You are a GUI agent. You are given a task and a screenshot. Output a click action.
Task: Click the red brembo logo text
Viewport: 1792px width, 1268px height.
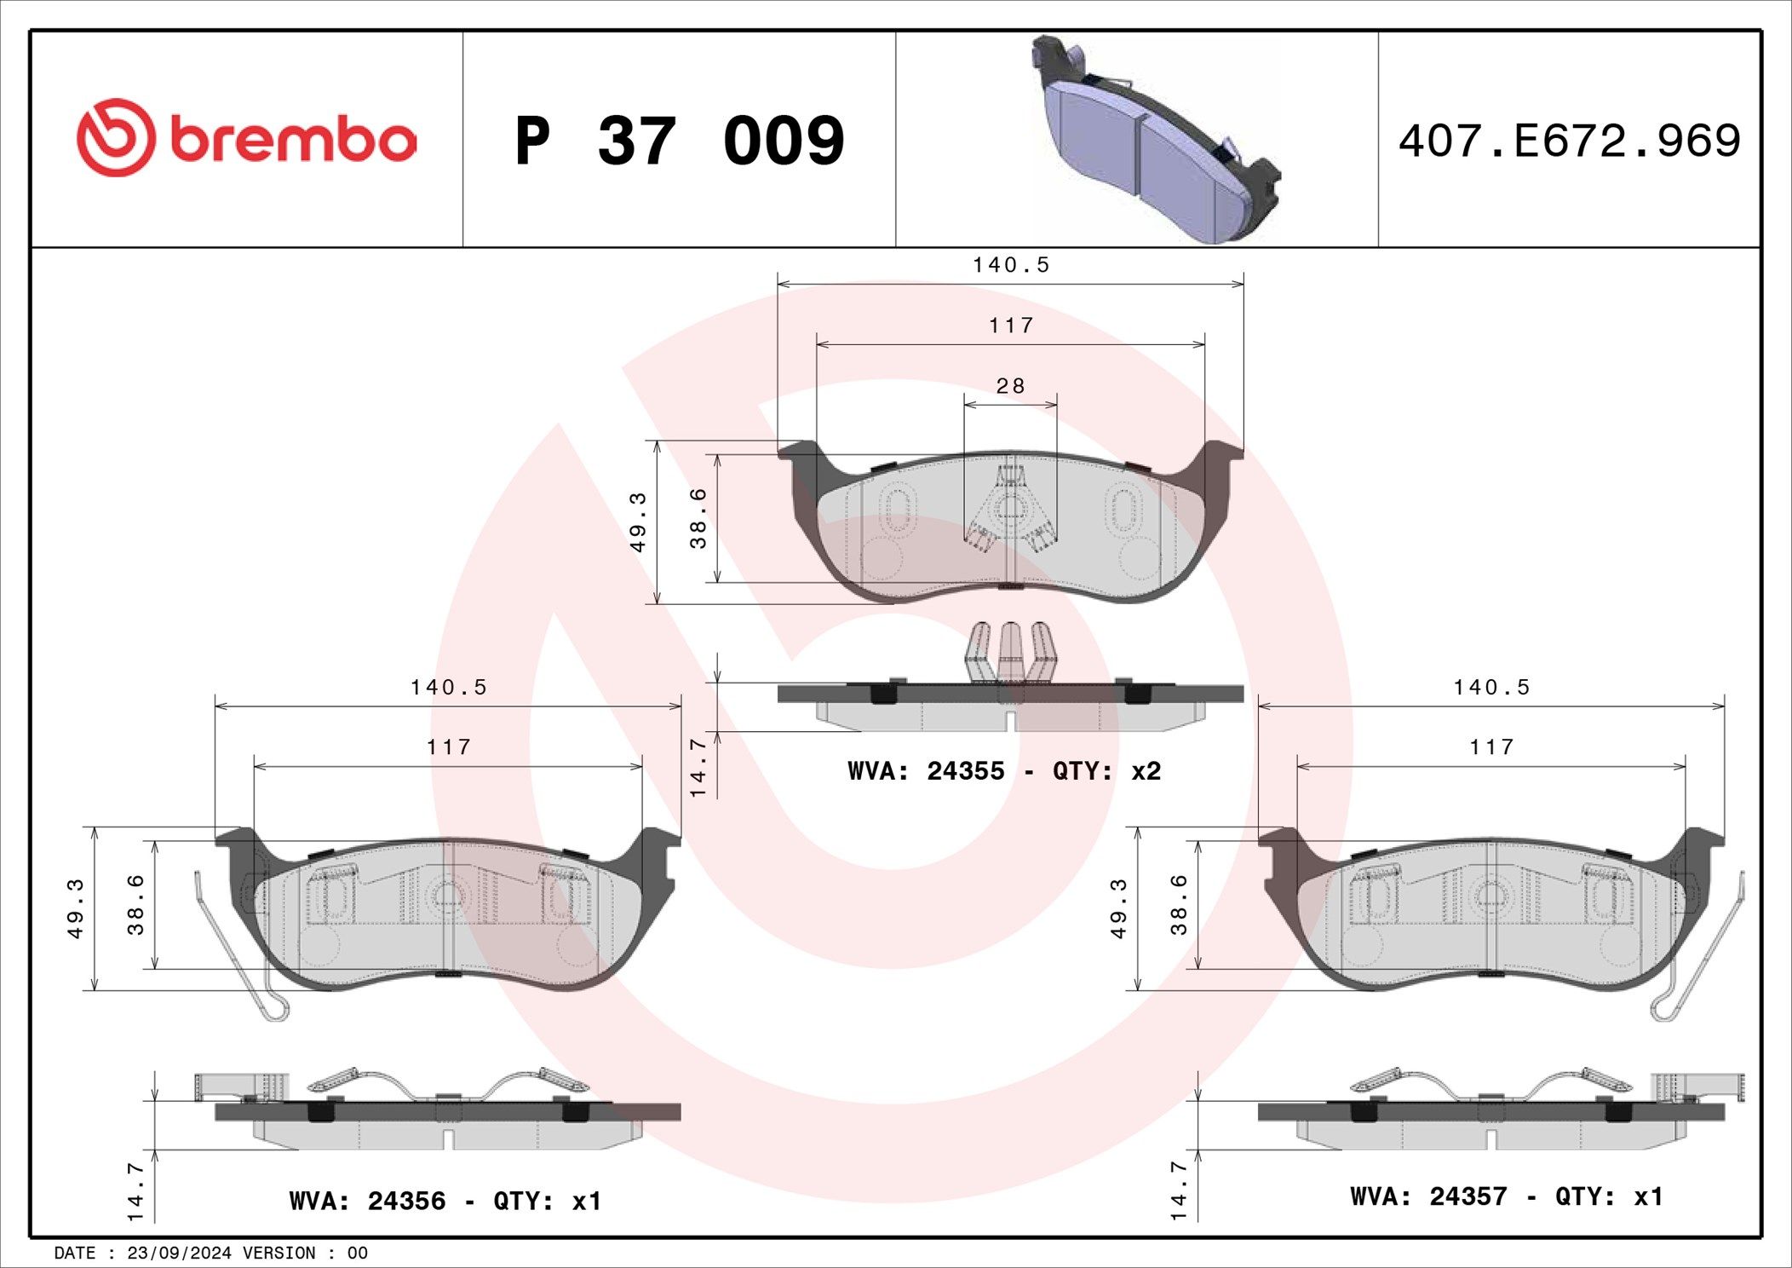(x=294, y=140)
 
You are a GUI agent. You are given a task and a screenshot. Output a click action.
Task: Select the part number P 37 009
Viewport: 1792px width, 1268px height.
(x=680, y=141)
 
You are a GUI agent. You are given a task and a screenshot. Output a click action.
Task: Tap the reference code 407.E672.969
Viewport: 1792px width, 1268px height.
(x=1570, y=141)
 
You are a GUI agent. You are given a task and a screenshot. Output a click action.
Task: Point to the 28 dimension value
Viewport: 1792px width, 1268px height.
(x=1011, y=386)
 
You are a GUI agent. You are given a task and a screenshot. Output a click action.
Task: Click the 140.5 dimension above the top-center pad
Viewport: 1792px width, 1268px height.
(x=1011, y=265)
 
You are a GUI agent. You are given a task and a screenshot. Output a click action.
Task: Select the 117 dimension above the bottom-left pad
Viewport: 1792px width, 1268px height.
(x=449, y=747)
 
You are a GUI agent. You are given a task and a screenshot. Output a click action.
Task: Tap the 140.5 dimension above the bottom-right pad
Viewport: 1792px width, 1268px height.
(x=1491, y=687)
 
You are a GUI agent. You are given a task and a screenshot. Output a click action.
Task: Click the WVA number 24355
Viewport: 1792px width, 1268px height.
(x=966, y=771)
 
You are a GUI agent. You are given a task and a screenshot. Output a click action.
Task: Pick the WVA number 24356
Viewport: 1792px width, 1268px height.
(x=406, y=1202)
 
